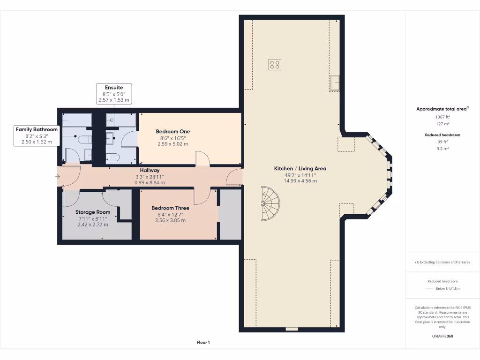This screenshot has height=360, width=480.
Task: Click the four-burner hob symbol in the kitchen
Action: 275,65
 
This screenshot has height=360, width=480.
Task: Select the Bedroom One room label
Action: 173,132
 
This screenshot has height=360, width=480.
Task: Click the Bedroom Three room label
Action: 170,208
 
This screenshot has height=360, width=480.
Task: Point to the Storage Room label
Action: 93,212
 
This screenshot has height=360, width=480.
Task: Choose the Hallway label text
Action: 150,171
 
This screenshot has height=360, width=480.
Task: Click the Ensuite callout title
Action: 114,88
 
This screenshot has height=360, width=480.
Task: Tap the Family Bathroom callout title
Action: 37,129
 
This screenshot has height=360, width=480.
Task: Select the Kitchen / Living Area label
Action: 300,168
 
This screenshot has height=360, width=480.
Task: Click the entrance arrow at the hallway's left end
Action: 57,176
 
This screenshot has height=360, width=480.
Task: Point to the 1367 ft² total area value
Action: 442,117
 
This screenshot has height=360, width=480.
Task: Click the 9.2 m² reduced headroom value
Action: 442,149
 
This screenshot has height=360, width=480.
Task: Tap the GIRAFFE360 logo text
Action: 442,336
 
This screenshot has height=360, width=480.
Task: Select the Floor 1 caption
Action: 203,343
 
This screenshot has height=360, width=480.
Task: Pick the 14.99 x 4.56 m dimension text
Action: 300,181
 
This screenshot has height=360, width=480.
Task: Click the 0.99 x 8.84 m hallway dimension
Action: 150,182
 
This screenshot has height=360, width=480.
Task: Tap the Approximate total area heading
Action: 442,109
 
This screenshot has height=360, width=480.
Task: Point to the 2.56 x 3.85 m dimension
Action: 170,220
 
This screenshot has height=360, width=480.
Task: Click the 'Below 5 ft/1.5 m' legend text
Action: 448,289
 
